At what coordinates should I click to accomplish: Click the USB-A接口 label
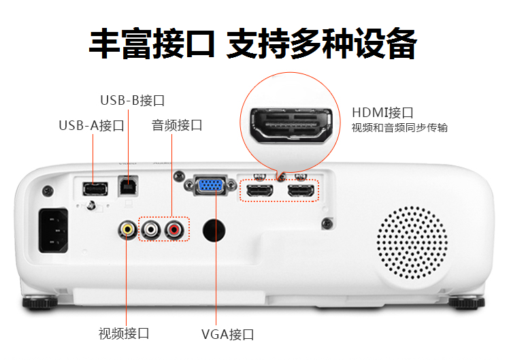coord(92,125)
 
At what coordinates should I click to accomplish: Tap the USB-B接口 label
coord(133,100)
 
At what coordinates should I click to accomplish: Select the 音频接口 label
coord(177,125)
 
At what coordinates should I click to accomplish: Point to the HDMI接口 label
coord(382,113)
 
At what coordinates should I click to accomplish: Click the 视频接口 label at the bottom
coord(124,333)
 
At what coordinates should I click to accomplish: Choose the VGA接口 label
coord(227,334)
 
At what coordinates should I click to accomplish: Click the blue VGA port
coord(210,185)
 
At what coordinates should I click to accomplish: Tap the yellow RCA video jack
coord(127,229)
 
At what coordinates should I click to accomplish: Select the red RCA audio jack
coord(174,230)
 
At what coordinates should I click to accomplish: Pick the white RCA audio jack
coord(151,229)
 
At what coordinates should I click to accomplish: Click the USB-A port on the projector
coord(95,189)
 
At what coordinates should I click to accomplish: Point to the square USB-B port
coord(128,186)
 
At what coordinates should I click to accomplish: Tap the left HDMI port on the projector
coord(260,191)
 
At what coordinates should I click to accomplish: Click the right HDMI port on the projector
coord(301,191)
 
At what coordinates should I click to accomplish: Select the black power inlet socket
coord(54,231)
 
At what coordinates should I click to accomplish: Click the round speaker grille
coord(412,242)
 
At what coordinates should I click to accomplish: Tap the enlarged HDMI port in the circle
coord(291,126)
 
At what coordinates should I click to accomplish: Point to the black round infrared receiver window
coord(214,231)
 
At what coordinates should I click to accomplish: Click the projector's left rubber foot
coord(40,302)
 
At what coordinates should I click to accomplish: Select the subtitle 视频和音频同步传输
coord(399,127)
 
